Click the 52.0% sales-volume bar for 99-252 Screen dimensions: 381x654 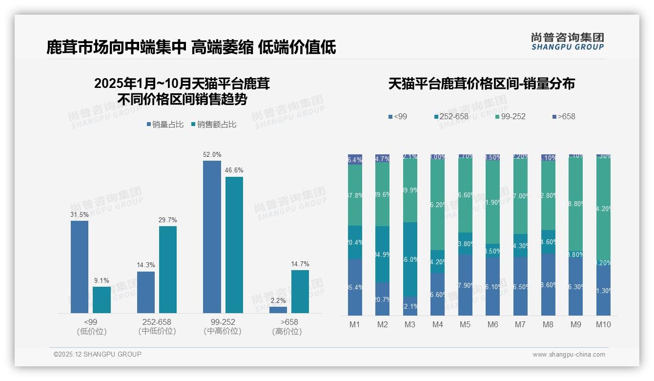[212, 237]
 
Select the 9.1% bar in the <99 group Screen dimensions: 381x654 [102, 300]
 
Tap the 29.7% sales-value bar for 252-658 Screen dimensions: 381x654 [168, 270]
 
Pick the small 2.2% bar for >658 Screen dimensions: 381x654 [278, 310]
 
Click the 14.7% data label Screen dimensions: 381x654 [300, 264]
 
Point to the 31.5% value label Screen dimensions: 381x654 [80, 214]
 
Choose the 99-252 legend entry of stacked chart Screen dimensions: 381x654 [510, 116]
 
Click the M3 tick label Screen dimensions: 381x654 [410, 324]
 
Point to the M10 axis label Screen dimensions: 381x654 [604, 324]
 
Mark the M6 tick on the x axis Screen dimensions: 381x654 [493, 324]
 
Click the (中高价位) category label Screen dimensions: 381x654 [223, 331]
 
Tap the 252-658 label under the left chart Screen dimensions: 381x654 [157, 322]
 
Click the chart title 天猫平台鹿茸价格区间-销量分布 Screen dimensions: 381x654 [481, 84]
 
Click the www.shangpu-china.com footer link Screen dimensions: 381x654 [569, 355]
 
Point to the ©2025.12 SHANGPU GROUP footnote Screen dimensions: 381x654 [98, 354]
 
